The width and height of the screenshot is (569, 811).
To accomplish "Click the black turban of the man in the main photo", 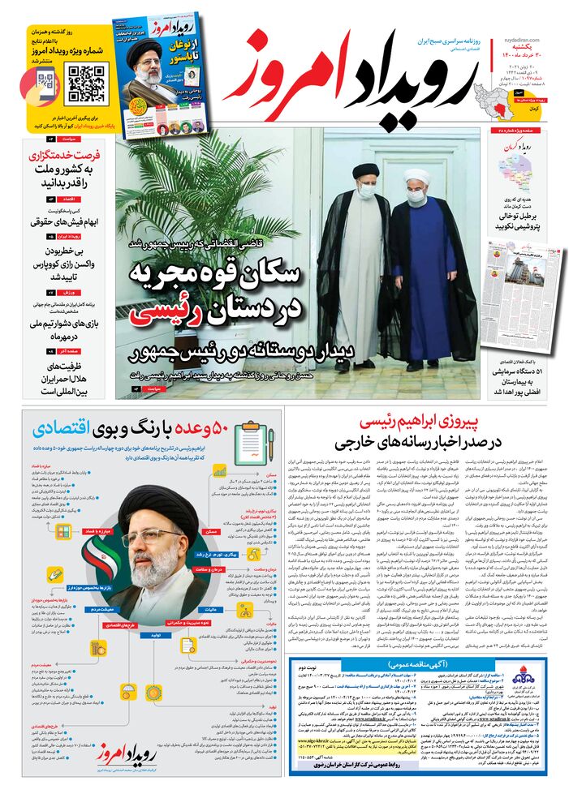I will (363, 172).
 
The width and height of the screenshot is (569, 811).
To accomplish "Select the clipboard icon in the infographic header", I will (253, 439).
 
